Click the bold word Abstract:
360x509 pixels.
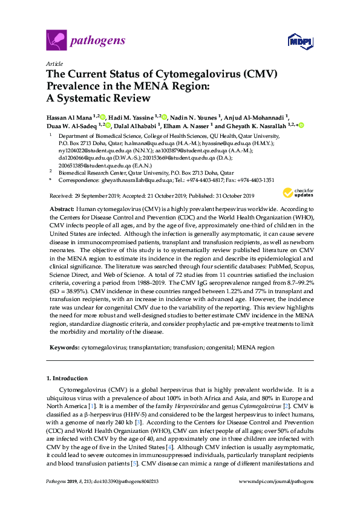tap(61, 208)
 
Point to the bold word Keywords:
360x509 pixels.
tap(63, 348)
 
